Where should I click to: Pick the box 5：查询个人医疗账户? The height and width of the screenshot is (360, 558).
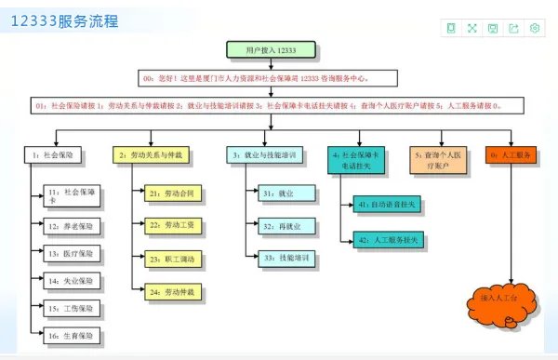[x=438, y=159]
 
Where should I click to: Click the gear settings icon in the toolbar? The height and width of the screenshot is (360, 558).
[x=536, y=29]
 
